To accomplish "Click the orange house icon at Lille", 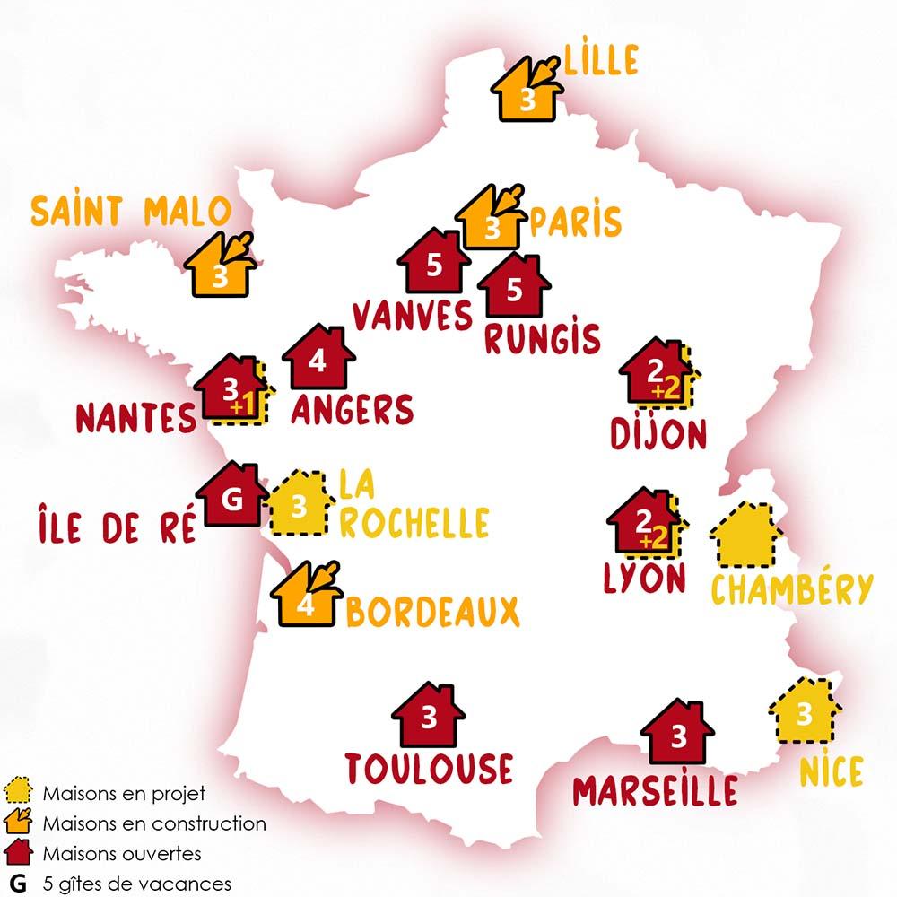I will click(527, 92).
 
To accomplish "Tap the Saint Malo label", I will click(131, 213).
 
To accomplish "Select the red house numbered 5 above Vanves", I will click(434, 263).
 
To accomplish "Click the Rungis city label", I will click(542, 339).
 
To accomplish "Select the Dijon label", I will click(658, 434).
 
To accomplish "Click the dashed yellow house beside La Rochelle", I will click(300, 506).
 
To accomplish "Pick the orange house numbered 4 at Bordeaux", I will click(306, 598).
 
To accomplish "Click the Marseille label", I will click(656, 790).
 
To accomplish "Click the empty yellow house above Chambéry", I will click(743, 537).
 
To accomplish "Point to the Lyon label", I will click(645, 579).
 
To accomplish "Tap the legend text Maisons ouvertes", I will click(121, 853).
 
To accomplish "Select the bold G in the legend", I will click(15, 883).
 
